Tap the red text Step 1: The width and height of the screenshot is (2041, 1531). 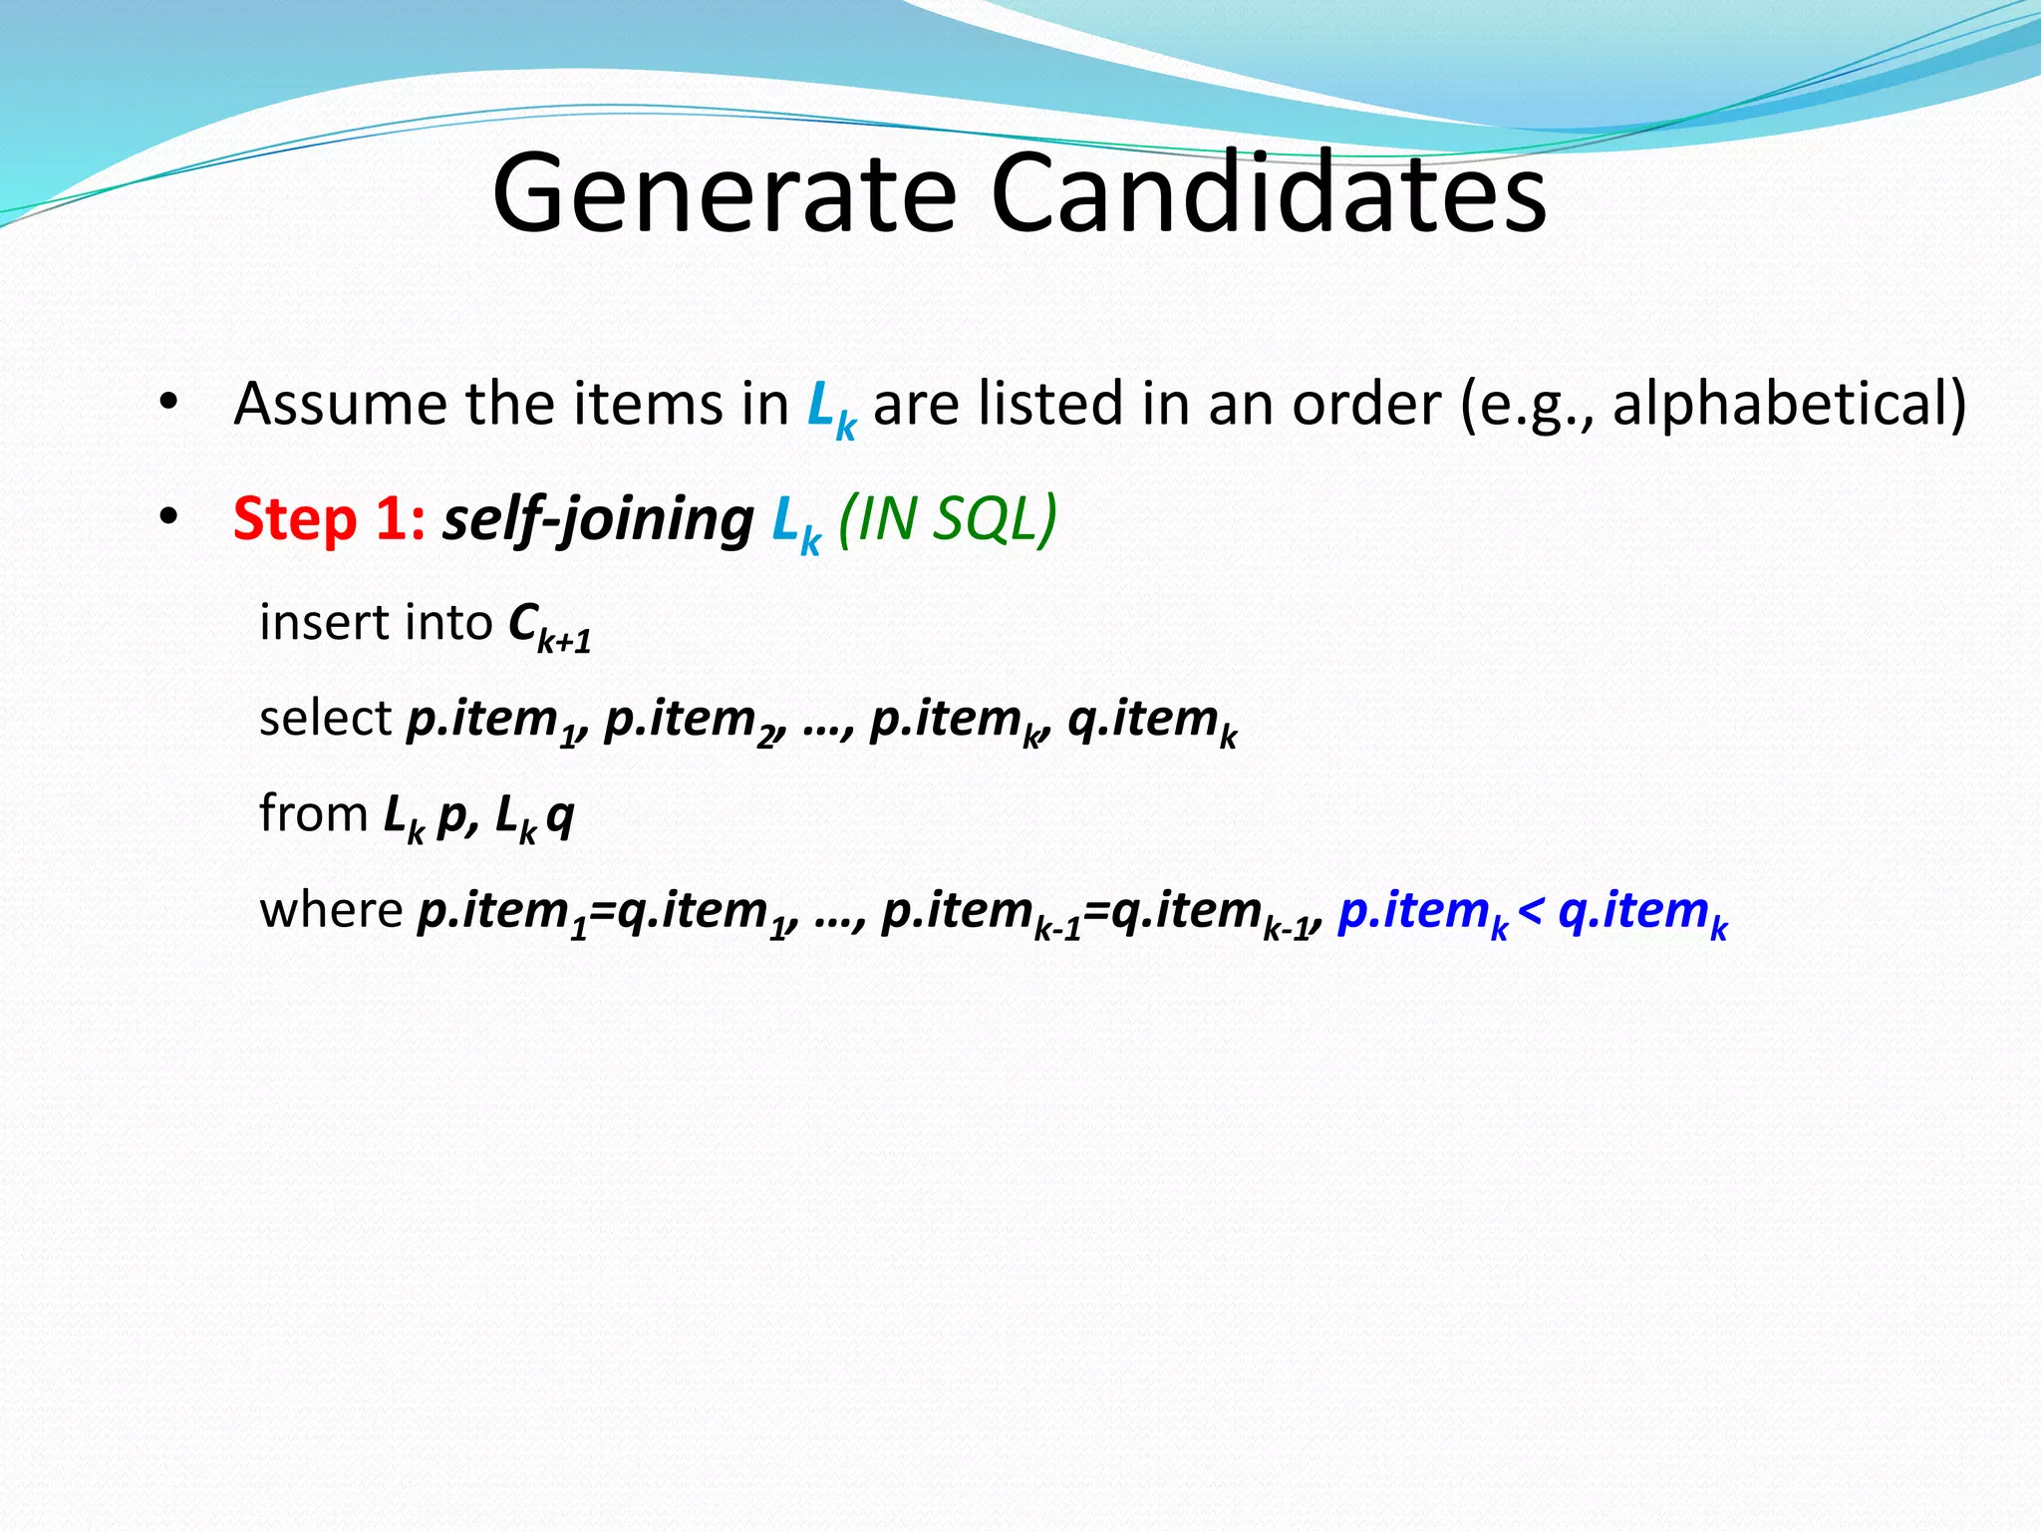click(x=329, y=519)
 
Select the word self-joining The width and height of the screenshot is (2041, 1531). click(x=598, y=519)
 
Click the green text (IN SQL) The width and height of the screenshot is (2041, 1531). click(x=947, y=519)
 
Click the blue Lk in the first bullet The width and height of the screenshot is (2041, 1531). click(x=830, y=409)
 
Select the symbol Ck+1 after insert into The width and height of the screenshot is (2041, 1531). click(x=548, y=626)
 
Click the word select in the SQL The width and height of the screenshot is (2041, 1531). click(x=325, y=718)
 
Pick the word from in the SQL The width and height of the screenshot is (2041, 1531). click(x=313, y=813)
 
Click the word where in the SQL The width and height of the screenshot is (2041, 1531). click(x=330, y=909)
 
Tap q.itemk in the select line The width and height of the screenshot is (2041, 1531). click(x=1151, y=720)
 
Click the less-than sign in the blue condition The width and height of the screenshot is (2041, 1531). click(x=1531, y=909)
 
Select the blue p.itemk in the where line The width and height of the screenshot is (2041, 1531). click(x=1421, y=912)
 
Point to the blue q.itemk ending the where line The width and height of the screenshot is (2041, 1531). click(x=1642, y=912)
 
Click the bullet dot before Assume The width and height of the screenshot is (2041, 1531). click(x=168, y=403)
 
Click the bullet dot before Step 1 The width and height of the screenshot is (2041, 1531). click(x=168, y=517)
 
